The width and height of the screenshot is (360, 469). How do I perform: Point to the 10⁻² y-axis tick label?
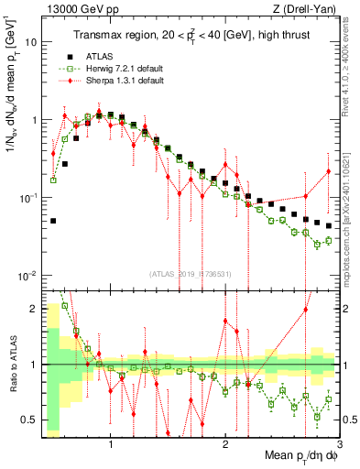pyautogui.click(x=28, y=275)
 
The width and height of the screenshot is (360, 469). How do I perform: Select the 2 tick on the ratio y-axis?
pyautogui.click(x=35, y=309)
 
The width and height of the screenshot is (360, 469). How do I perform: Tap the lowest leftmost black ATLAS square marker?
pyautogui.click(x=54, y=221)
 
